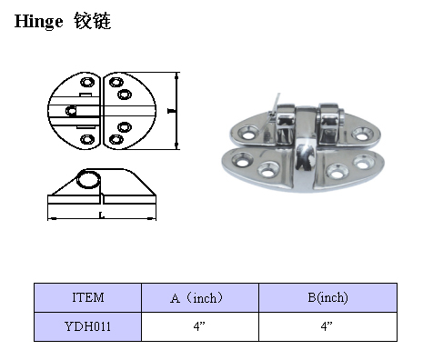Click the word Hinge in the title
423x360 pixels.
[x=39, y=22]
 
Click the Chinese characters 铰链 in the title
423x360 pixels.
[x=93, y=21]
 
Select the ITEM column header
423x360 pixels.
[x=88, y=297]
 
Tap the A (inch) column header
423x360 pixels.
[x=196, y=298]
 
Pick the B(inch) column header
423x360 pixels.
[x=327, y=297]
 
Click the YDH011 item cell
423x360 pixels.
[x=87, y=326]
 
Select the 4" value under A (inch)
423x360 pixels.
[x=199, y=326]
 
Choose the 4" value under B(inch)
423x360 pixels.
[x=327, y=326]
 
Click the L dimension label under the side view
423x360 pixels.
[x=102, y=215]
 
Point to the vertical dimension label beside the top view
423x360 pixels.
[x=172, y=111]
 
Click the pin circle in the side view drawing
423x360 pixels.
[x=88, y=179]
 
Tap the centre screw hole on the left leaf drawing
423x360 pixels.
[x=71, y=111]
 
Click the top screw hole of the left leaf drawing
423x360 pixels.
[x=87, y=82]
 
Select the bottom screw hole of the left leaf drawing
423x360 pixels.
[x=87, y=139]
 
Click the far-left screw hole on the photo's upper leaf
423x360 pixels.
[x=247, y=133]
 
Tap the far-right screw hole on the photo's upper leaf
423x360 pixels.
[x=362, y=134]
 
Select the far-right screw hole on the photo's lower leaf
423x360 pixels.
[x=364, y=162]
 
